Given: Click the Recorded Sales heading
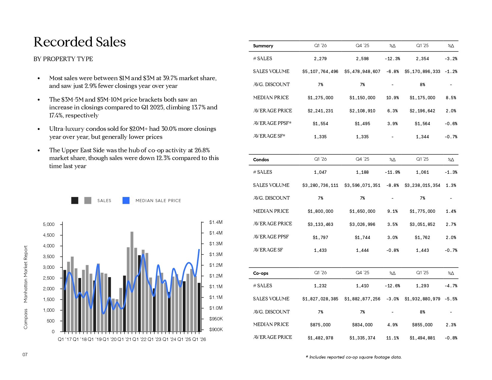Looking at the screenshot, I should point(80,42).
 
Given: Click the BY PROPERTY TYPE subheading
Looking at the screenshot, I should point(63,59).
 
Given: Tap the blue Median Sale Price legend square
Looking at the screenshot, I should point(126,201).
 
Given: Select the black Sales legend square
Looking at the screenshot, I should point(75,201).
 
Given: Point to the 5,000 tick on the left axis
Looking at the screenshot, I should point(49,224).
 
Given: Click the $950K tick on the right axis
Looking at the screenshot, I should point(216,319).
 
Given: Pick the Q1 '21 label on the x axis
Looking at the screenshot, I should point(124,339).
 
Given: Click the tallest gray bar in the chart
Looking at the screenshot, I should point(132,281).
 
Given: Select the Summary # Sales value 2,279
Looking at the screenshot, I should point(320,59).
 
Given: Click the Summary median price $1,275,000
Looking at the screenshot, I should point(320,98).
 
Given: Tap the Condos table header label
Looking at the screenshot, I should point(261,160).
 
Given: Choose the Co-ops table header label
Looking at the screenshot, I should point(261,273).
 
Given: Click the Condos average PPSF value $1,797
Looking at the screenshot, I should point(320,238).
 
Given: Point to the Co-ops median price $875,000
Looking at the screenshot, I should point(320,325).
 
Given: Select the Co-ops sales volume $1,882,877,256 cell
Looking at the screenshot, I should point(362,299).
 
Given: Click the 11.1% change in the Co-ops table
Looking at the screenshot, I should point(392,338).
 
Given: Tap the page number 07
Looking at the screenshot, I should point(25,354).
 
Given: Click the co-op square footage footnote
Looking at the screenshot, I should point(354,357).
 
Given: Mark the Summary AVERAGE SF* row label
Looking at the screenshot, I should point(269,136).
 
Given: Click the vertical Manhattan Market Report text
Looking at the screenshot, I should point(26,274).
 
